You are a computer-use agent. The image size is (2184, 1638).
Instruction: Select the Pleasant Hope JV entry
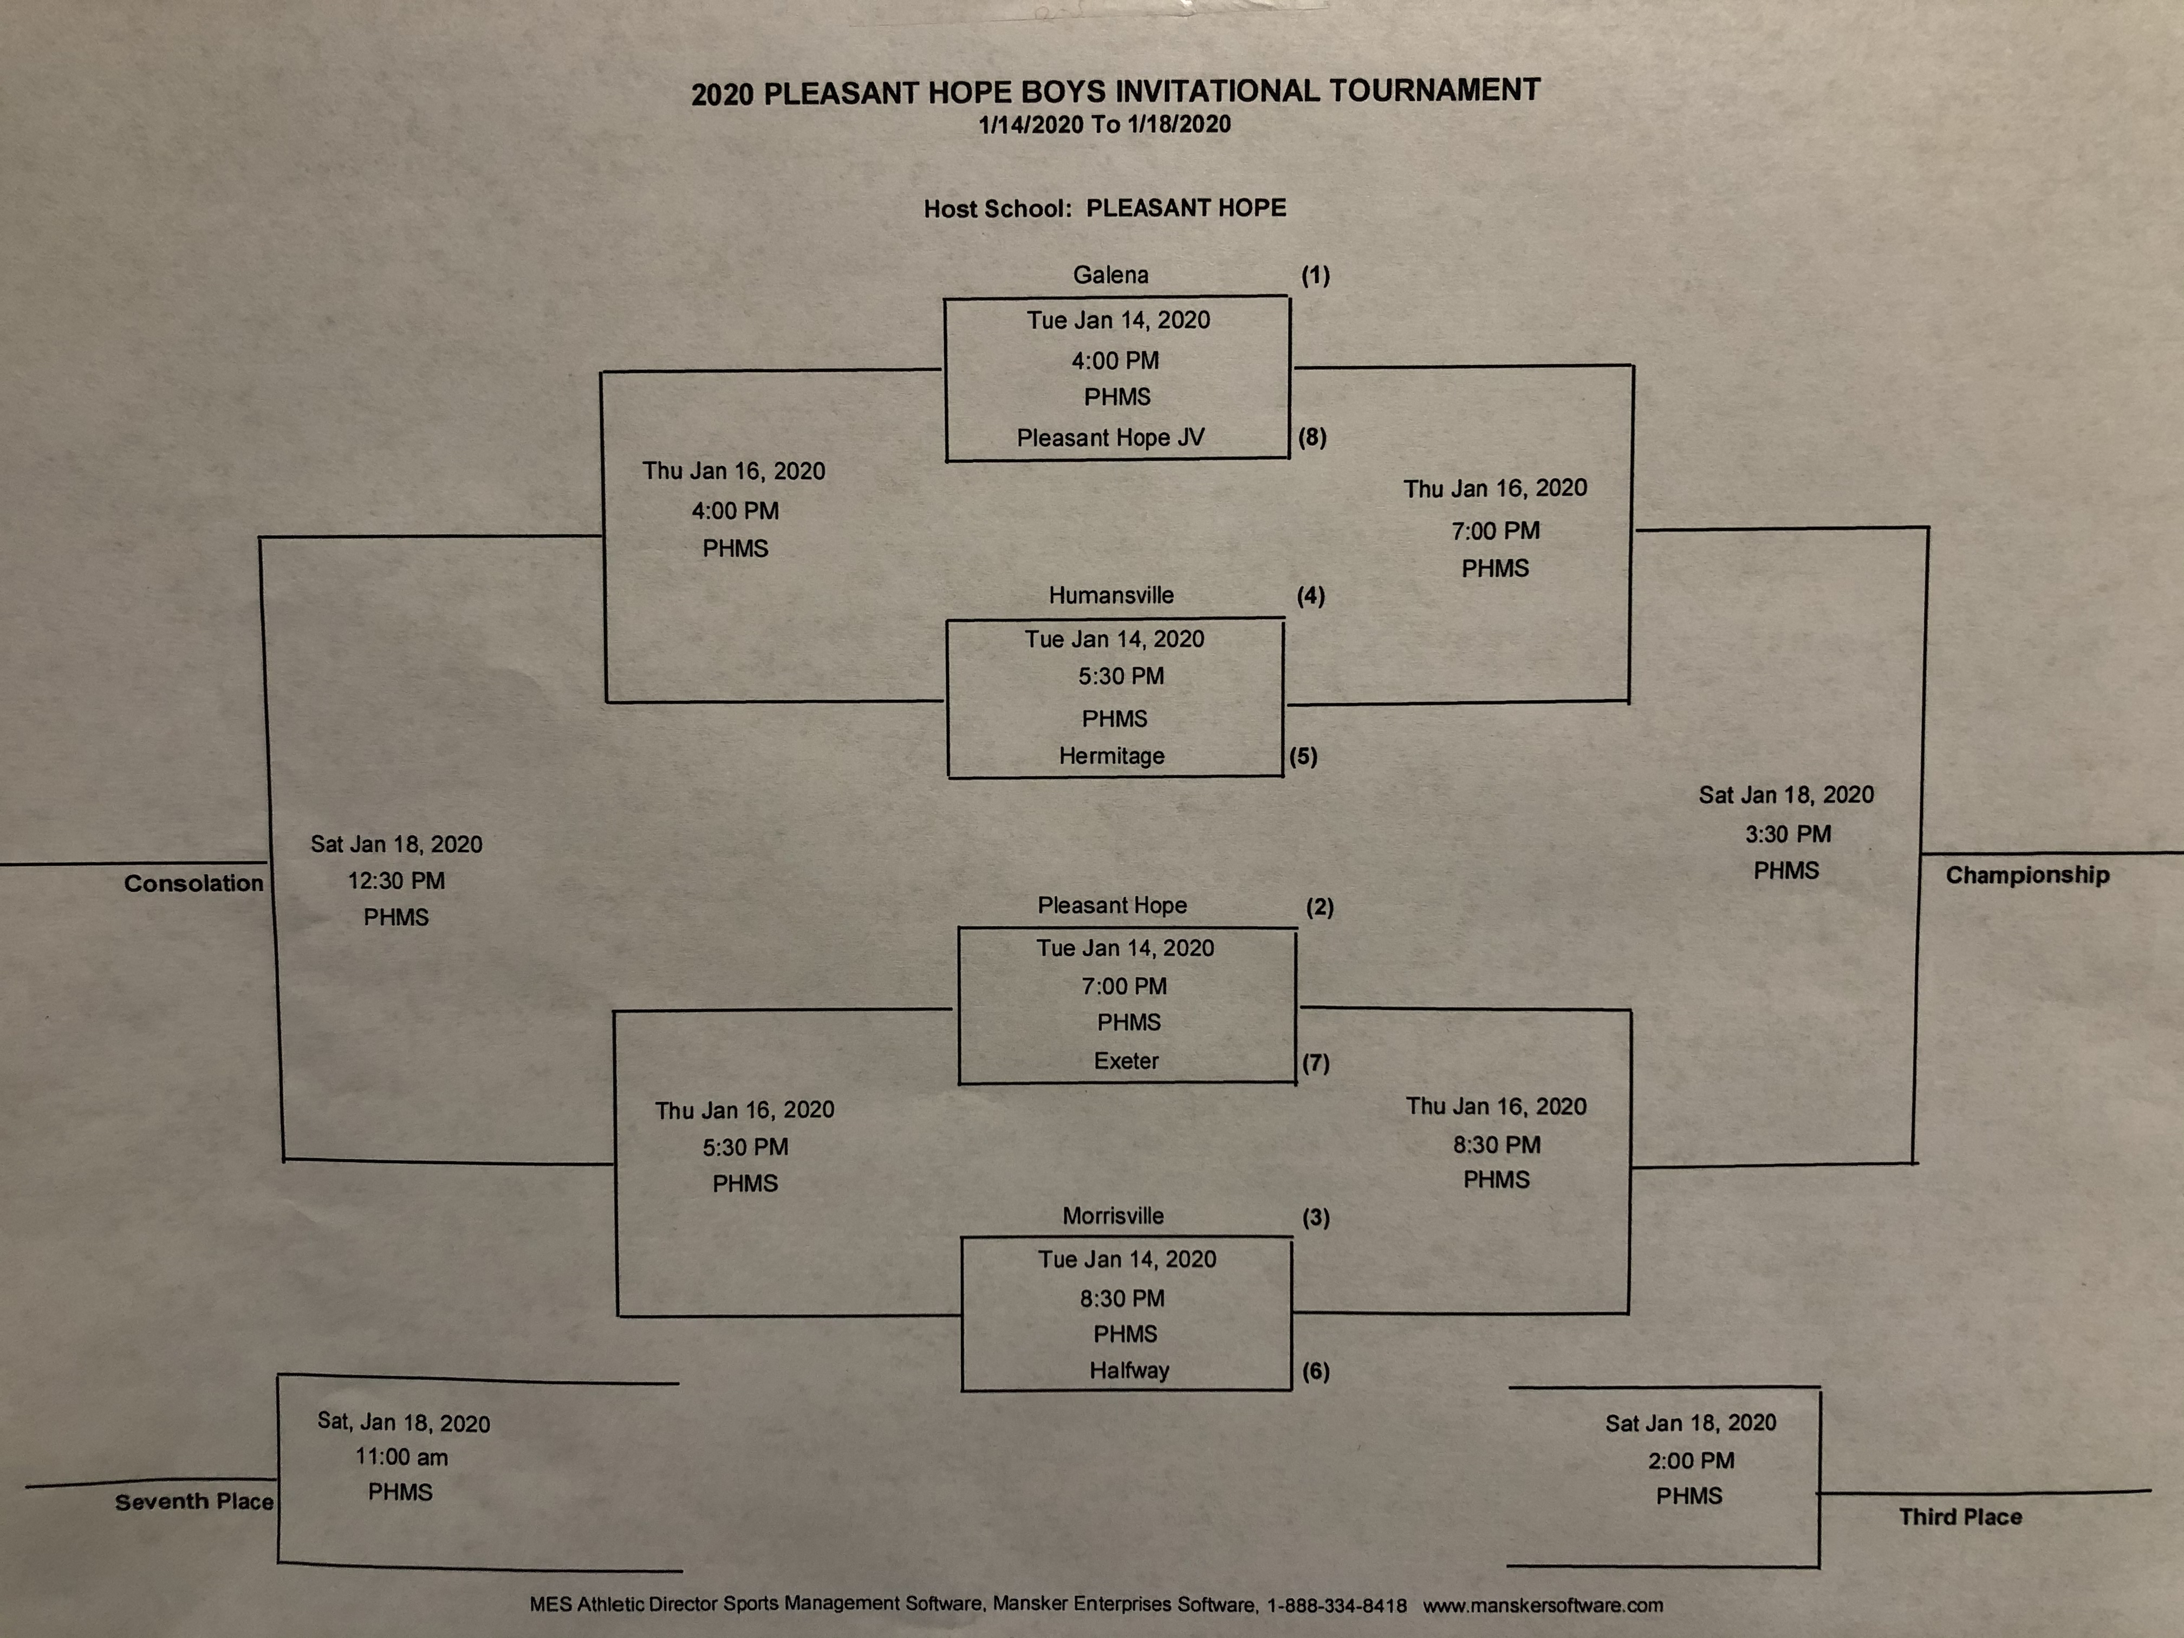[x=1111, y=437]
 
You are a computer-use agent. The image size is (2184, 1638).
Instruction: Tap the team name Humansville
[x=1111, y=595]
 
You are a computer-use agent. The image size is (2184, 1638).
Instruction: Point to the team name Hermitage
[x=1111, y=756]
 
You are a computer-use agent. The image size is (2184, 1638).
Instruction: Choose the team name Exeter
[x=1126, y=1061]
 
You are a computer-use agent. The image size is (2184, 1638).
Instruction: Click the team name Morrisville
[x=1113, y=1217]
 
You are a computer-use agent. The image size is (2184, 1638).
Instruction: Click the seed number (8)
[x=1311, y=437]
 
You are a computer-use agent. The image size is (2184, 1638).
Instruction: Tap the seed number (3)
[x=1315, y=1217]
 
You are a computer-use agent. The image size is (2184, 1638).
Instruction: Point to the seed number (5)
[x=1303, y=756]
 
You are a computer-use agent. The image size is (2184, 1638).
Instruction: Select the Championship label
[x=2027, y=875]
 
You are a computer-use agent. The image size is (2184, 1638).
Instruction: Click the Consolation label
[x=193, y=883]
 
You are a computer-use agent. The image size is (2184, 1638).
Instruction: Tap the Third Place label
[x=1960, y=1517]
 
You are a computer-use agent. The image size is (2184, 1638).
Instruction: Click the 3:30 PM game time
[x=1787, y=834]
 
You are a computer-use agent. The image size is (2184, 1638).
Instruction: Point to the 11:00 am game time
[x=402, y=1457]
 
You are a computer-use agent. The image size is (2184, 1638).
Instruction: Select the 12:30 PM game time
[x=396, y=881]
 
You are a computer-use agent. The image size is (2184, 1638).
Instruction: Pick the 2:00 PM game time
[x=1691, y=1460]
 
